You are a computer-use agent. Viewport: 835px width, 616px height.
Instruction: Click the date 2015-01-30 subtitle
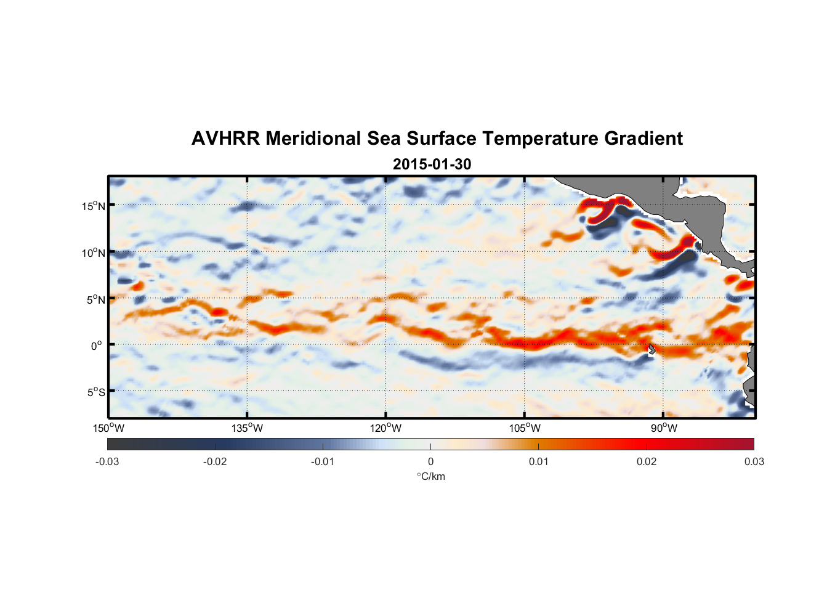click(432, 164)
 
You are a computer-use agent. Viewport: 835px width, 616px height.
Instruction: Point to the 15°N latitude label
click(94, 206)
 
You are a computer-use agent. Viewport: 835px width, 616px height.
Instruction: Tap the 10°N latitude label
click(94, 253)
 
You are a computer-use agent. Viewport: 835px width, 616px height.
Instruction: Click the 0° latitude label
click(97, 346)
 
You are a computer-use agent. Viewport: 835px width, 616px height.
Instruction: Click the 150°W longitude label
click(108, 428)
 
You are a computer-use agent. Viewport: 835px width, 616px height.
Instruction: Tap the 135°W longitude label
click(247, 428)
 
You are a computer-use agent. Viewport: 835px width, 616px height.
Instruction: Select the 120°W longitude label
click(385, 428)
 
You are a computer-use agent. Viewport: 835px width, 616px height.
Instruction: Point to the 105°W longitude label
click(525, 428)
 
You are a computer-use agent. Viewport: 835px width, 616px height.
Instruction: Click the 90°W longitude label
click(664, 428)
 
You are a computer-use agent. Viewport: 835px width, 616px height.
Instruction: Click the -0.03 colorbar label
click(107, 461)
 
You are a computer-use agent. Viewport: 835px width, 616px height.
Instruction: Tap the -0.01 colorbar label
click(323, 461)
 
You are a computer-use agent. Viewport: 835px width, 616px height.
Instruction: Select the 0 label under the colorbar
click(430, 461)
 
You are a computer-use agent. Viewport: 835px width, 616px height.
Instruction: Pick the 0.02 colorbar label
click(647, 461)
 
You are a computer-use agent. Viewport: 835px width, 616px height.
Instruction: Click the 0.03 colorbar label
click(754, 461)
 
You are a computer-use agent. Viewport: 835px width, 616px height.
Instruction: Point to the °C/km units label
click(430, 476)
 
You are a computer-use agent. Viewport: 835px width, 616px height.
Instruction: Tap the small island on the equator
click(652, 349)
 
